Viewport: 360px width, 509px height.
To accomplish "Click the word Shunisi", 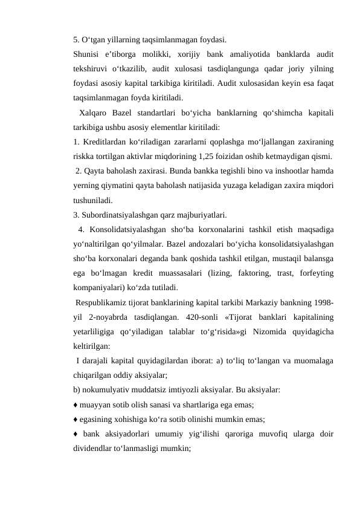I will (x=86, y=55).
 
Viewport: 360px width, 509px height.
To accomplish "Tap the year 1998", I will (x=325, y=302).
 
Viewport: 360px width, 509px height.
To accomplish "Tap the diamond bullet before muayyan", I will (x=76, y=404).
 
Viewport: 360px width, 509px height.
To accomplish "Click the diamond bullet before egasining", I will (x=76, y=418).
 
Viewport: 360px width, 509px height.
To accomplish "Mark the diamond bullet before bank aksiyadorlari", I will (x=76, y=433).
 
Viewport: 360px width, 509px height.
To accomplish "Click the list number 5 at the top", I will (x=76, y=41).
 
